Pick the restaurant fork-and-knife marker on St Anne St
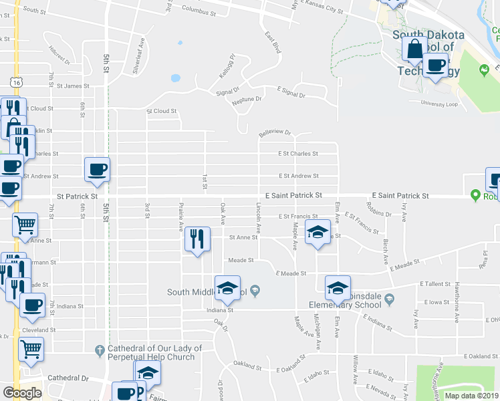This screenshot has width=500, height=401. click(x=197, y=239)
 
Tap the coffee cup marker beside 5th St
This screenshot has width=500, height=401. click(x=98, y=169)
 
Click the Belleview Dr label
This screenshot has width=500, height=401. click(x=275, y=132)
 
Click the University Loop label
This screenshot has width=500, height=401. click(x=439, y=104)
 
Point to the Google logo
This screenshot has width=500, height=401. click(x=21, y=393)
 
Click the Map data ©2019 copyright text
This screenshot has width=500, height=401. click(x=472, y=395)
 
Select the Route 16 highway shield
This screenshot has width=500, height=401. click(x=15, y=82)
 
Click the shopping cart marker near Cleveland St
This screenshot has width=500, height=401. click(x=31, y=348)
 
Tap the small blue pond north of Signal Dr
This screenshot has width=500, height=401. click(x=175, y=78)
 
